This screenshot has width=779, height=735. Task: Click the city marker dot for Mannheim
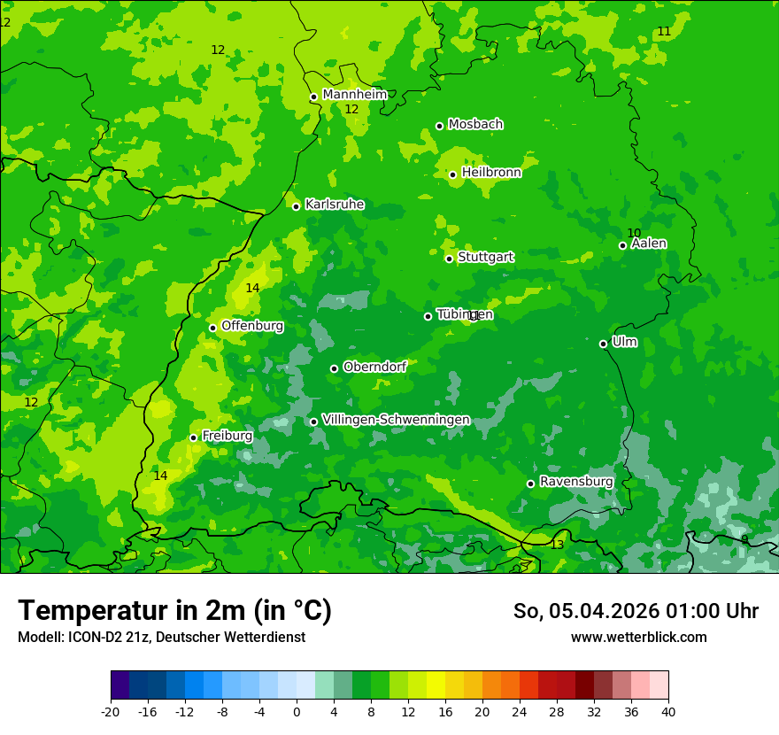(313, 97)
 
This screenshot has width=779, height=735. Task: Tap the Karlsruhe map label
(334, 205)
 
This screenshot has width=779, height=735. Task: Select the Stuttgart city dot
(450, 259)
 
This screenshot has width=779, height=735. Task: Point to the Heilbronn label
(490, 173)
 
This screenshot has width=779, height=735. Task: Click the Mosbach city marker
(439, 126)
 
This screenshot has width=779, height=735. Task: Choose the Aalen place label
(648, 244)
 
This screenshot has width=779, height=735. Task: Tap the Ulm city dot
(604, 344)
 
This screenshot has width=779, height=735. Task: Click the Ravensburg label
(575, 482)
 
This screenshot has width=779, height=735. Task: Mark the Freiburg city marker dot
(193, 437)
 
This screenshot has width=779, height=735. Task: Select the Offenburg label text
(251, 326)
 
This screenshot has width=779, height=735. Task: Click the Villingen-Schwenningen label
(396, 420)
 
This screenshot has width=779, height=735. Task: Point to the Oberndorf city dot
(334, 368)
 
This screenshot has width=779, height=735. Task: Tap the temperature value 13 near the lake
(557, 545)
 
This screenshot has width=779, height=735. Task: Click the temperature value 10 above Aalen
(634, 233)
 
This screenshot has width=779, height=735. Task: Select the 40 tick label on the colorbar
(667, 712)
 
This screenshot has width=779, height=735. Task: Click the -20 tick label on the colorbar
(111, 712)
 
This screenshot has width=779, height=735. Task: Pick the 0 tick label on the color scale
(297, 712)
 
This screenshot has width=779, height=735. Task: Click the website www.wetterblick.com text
(638, 637)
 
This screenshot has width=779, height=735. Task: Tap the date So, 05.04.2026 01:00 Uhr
(636, 611)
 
